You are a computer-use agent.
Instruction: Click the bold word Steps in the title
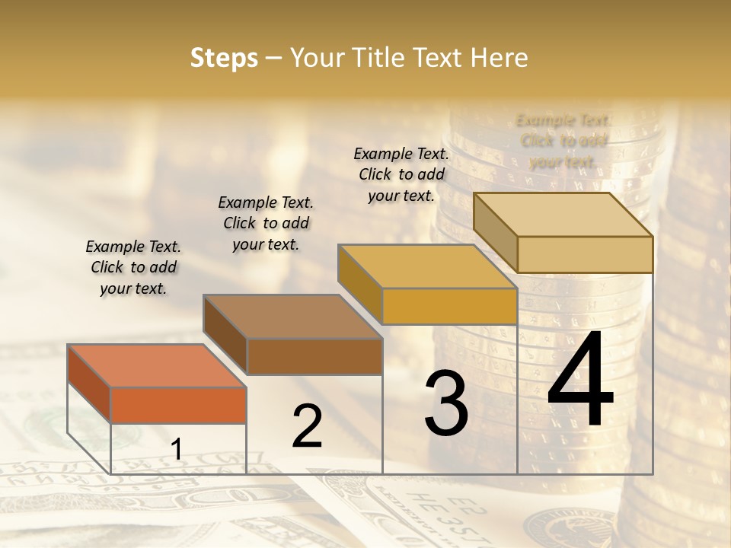pos(224,58)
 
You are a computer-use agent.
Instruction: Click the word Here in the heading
pos(500,58)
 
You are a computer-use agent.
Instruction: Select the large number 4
pos(580,381)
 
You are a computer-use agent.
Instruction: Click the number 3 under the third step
pos(446,403)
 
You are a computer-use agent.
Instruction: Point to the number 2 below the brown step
pos(307,426)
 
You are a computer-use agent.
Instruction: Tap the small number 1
pos(177,449)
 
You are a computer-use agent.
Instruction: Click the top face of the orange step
pos(156,365)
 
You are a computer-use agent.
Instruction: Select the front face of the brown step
pos(314,356)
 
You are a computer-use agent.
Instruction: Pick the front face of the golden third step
pos(449,307)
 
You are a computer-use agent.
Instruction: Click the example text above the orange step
pos(133,267)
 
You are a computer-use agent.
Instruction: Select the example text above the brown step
pos(266,223)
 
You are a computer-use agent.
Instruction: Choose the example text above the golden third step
pos(401,174)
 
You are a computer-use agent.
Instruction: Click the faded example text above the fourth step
pos(563,141)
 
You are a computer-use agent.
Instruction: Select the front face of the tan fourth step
pos(585,254)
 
